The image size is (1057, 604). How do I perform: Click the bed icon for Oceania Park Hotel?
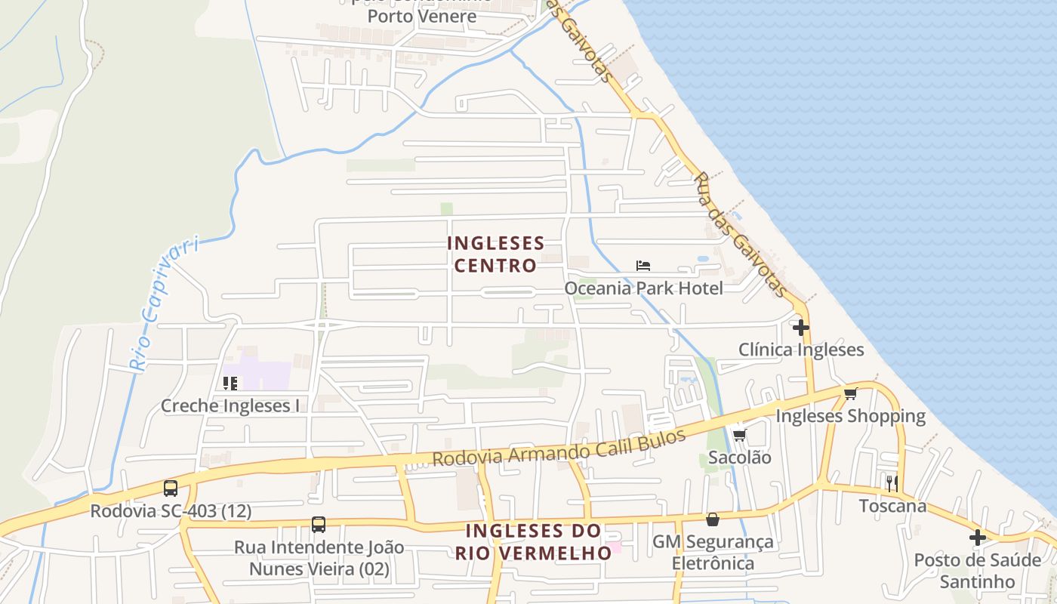pos(643,266)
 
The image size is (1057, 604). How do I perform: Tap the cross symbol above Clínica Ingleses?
pos(801,328)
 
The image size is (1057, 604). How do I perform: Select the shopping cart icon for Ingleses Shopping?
pos(851,393)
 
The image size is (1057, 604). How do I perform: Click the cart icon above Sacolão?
pos(739,435)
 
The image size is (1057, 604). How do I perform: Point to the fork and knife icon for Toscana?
pos(892,483)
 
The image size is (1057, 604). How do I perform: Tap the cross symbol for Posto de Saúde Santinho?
pos(978,538)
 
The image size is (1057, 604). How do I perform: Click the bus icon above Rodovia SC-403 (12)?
pos(171,488)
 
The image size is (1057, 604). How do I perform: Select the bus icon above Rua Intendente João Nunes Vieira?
pos(319,525)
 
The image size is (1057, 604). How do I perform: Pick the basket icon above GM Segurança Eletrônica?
pos(712,519)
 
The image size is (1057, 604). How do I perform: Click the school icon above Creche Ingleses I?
pos(230,384)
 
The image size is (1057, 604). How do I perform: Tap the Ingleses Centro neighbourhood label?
pos(495,254)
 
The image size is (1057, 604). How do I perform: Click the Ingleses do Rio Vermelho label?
pos(533,541)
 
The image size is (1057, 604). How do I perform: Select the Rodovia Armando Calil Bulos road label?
pos(559,448)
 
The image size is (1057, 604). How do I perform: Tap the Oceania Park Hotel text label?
pos(643,288)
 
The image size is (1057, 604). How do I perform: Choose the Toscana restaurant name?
pos(892,505)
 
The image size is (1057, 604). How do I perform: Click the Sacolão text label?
pos(739,457)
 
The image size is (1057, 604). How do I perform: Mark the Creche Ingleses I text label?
pos(230,405)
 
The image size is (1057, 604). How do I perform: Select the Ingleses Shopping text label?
pos(850,416)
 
